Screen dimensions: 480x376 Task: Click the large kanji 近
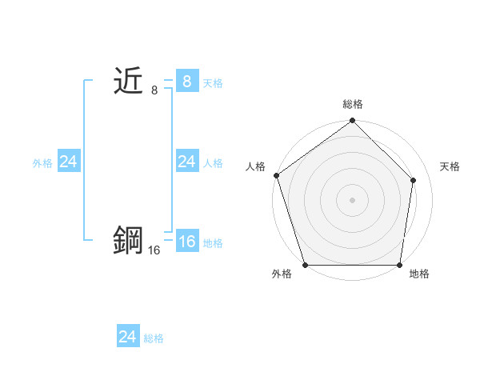[128, 82]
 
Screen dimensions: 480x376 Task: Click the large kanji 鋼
[128, 240]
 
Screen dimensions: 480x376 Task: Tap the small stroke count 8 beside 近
[154, 90]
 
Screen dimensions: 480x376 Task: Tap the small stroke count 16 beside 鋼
[154, 250]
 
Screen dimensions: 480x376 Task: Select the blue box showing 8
[186, 82]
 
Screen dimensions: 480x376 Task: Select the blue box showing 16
[186, 242]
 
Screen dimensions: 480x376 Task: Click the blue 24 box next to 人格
[186, 162]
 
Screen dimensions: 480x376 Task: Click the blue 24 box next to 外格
[68, 162]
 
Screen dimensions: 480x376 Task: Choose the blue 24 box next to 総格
[128, 337]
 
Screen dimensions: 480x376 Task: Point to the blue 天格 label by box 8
[213, 83]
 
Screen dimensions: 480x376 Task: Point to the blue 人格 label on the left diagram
[213, 163]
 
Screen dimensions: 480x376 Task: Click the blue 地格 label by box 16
[213, 243]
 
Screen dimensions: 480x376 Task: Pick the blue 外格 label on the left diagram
[42, 163]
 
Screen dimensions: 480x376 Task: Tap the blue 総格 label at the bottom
[154, 338]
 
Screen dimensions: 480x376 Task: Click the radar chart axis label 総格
[353, 104]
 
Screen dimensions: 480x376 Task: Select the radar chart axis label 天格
[450, 166]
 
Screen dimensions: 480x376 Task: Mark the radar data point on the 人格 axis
[276, 175]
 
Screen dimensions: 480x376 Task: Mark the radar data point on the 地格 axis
[400, 265]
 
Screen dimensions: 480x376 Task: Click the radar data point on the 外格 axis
[305, 265]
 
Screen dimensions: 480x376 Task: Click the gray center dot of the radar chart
[352, 199]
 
